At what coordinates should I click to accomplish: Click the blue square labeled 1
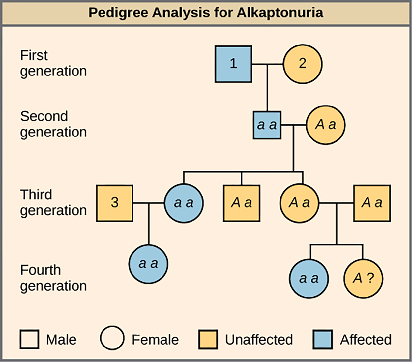click(x=233, y=64)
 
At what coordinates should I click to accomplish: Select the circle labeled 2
click(x=303, y=64)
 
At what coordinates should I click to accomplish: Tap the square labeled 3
click(x=115, y=203)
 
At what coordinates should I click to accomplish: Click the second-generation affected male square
click(x=267, y=125)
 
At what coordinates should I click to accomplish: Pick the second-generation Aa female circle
click(x=326, y=125)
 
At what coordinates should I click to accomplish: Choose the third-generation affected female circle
click(x=184, y=203)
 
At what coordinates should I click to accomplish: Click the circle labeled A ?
click(x=363, y=279)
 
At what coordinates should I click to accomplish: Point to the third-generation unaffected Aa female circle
click(x=299, y=203)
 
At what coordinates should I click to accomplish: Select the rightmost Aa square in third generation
click(x=372, y=203)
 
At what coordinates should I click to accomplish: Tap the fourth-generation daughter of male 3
click(x=148, y=264)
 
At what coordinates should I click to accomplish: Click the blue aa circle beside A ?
click(x=309, y=279)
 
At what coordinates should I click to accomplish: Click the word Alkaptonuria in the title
click(x=280, y=13)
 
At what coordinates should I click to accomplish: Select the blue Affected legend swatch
click(x=323, y=340)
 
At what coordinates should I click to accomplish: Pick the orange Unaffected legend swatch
click(x=208, y=340)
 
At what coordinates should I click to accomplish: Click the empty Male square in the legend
click(x=29, y=340)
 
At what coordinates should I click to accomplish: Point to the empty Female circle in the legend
click(x=112, y=338)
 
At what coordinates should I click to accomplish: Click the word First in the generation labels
click(x=34, y=55)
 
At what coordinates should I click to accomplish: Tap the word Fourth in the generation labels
click(x=41, y=270)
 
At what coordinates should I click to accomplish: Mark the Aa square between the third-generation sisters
click(x=242, y=203)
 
